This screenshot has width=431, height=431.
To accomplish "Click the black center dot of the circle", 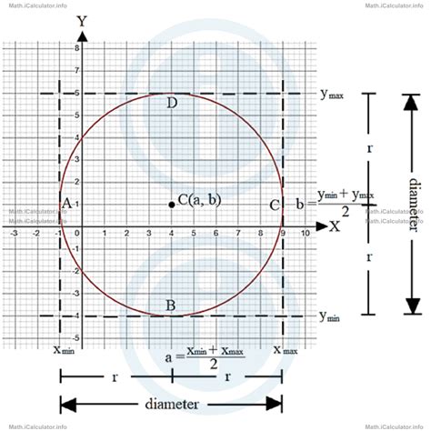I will tap(172, 204).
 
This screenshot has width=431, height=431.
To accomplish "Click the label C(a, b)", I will tap(199, 199).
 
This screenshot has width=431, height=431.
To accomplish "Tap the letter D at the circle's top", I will tap(172, 103).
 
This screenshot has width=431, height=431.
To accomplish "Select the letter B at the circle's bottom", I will tap(171, 305).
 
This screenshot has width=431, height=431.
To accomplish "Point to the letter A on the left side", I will tap(65, 204).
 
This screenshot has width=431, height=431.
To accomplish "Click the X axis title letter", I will tap(335, 226).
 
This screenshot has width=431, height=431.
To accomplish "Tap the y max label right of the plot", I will tap(331, 94).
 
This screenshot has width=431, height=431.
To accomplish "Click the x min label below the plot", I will tap(63, 349).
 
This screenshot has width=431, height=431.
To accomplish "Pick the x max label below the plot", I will tap(285, 349).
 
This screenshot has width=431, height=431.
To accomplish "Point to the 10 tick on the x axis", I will tap(306, 234).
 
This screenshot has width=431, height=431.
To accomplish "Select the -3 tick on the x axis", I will tap(14, 234).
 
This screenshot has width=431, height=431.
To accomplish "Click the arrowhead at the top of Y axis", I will tap(83, 36).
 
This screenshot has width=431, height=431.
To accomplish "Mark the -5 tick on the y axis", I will tap(75, 337).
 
